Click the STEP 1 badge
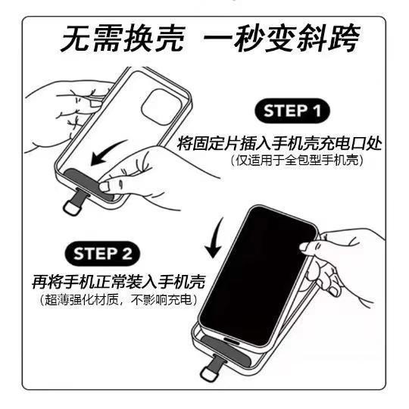coord(292,111)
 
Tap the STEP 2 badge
coord(102,253)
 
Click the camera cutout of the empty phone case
coord(161,107)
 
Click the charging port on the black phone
coord(231,341)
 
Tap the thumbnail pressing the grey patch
coord(105,186)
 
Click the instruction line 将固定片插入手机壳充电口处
coord(279,143)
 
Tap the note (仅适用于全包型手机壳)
coord(298,160)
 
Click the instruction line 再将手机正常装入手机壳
coord(118,282)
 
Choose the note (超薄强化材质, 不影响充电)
coord(118,300)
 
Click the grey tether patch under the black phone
coord(224,349)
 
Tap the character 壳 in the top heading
coord(170,39)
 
